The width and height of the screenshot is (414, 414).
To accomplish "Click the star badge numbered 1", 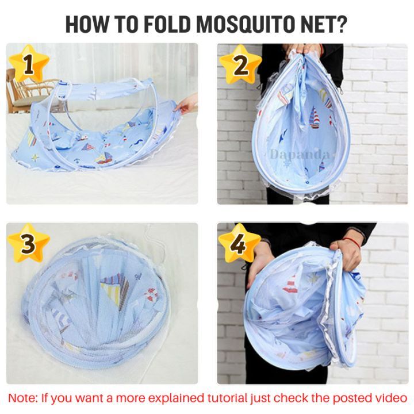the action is pos(29,64).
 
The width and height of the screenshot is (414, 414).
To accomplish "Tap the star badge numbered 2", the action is pos(240,64).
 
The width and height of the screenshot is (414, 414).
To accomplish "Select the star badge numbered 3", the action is pos(29,243).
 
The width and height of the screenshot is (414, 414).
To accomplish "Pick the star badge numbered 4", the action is pos(239,243).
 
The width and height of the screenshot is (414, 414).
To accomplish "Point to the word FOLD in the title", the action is pos(167,24).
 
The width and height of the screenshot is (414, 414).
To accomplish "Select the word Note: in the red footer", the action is pos(24,398).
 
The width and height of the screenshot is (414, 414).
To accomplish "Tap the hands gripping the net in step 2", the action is pos(304,50).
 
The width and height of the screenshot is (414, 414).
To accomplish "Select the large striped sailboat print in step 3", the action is pos(116,290).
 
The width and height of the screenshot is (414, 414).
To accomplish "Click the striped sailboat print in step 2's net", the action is pos(314,118).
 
